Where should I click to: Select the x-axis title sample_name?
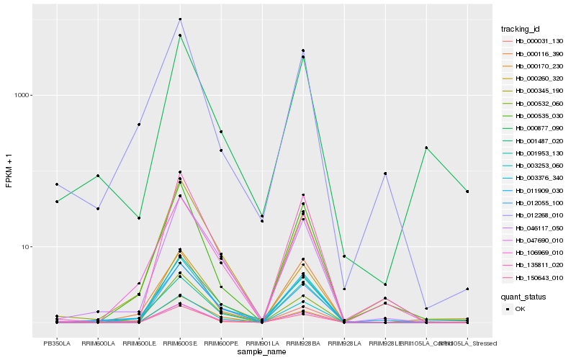262,352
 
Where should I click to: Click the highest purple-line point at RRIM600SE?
180,19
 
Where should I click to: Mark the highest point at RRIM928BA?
303,50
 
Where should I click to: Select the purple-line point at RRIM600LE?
139,125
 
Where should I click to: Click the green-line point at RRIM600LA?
98,176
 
